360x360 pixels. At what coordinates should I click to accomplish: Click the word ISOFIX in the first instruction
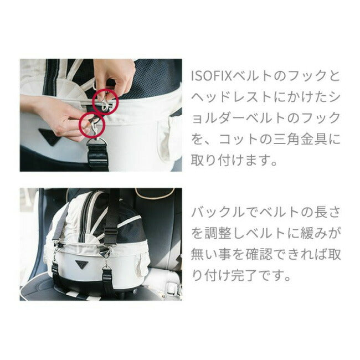click(x=212, y=76)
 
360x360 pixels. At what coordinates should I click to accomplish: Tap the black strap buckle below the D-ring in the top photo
click(x=98, y=156)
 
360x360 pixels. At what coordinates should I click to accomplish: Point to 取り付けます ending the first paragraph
click(x=230, y=160)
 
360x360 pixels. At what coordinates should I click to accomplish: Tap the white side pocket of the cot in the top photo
click(x=167, y=138)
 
